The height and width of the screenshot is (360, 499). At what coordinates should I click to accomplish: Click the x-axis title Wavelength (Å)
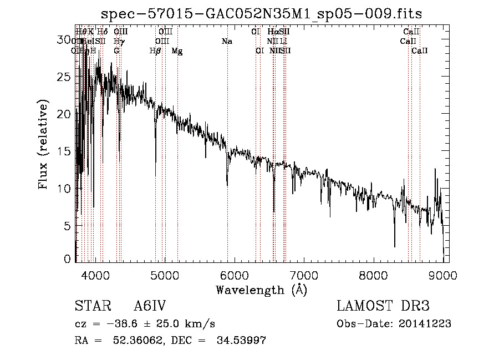click(x=261, y=289)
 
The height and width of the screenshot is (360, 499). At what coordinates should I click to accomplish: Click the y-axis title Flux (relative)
click(x=43, y=144)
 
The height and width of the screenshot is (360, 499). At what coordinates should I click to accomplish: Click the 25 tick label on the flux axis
click(x=65, y=77)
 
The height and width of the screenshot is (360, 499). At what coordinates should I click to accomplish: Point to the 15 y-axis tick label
click(x=65, y=151)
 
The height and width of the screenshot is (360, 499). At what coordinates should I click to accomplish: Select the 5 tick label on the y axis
click(x=68, y=226)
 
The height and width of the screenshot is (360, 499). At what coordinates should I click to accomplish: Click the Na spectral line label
click(x=227, y=42)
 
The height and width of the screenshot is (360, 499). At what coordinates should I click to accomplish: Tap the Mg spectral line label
click(x=177, y=51)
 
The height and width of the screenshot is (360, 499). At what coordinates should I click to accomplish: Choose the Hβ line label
click(x=155, y=51)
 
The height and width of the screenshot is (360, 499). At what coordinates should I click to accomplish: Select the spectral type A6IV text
click(x=150, y=307)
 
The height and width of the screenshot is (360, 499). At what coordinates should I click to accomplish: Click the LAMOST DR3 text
click(x=383, y=307)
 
